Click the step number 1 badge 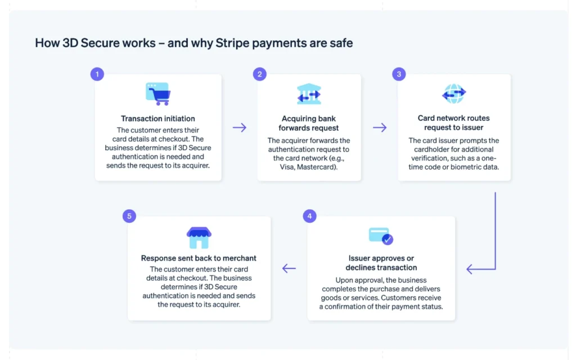97,74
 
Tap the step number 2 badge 259,74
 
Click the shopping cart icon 158,94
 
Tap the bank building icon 309,94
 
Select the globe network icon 454,94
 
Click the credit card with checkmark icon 381,236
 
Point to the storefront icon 199,238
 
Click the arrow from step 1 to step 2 240,128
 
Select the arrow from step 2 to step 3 380,128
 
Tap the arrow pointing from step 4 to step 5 289,268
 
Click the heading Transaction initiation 158,119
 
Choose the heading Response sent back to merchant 199,258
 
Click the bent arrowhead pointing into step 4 470,269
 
